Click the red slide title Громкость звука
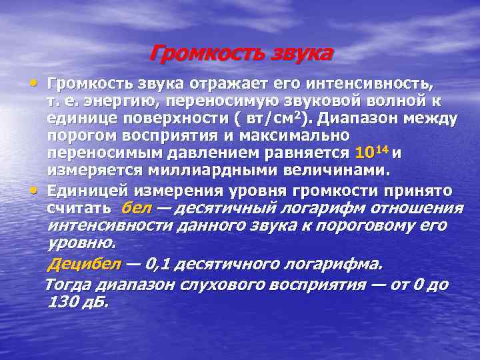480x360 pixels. click(x=240, y=53)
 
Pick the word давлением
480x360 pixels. click(x=207, y=153)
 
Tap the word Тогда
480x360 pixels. click(x=67, y=285)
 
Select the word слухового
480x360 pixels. click(x=213, y=285)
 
